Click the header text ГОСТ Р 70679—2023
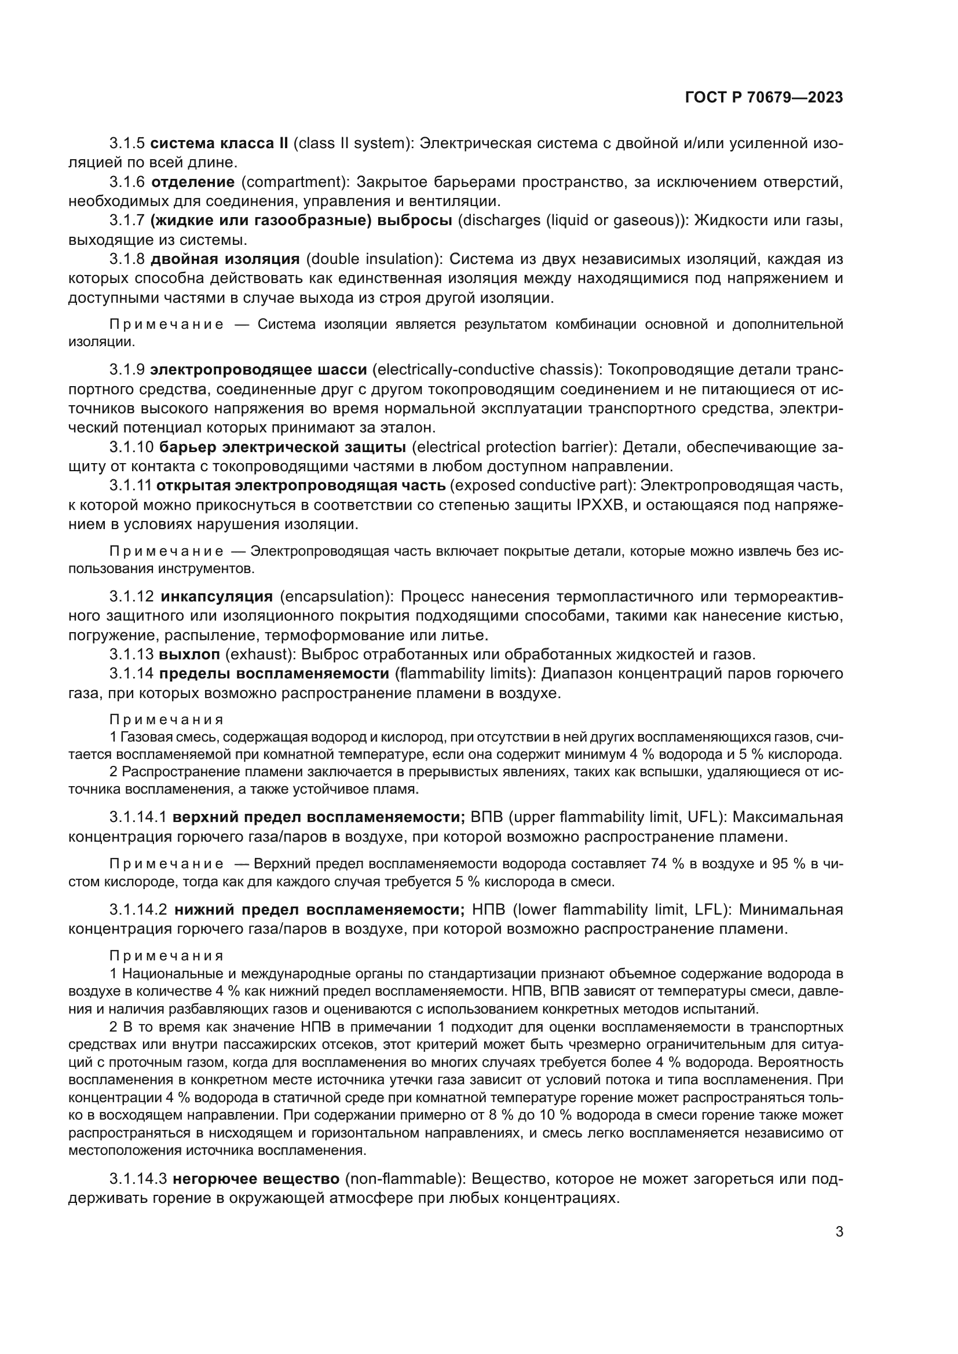[764, 98]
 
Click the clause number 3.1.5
[127, 144]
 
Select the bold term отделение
[197, 182]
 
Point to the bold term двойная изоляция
[225, 259]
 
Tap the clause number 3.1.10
[131, 447]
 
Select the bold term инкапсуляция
[217, 596]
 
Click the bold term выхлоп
[189, 654]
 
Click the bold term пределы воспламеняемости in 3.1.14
[275, 673]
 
